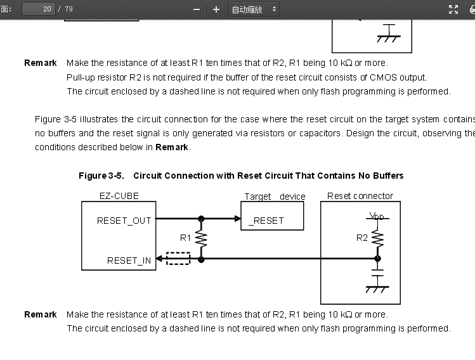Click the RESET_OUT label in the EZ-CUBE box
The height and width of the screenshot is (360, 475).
point(124,221)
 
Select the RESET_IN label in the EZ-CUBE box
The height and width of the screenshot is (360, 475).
point(129,260)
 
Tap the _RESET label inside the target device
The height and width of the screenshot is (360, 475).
point(266,221)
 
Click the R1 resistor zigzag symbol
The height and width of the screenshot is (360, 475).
point(201,238)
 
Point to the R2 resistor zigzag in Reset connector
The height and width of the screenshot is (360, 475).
point(377,238)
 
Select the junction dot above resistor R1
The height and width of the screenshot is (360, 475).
point(201,219)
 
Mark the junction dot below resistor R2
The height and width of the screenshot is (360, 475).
point(377,259)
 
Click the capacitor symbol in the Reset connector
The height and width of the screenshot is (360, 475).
point(377,273)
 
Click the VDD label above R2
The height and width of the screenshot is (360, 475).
point(377,217)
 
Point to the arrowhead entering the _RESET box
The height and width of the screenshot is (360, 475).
point(238,219)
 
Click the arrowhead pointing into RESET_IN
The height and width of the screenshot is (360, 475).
point(159,259)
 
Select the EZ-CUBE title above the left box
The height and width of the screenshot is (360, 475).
point(119,196)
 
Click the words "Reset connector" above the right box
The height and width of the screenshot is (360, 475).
point(360,196)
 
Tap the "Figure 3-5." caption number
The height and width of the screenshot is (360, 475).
point(101,176)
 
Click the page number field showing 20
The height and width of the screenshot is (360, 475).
point(39,9)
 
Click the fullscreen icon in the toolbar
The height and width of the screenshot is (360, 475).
point(453,10)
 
